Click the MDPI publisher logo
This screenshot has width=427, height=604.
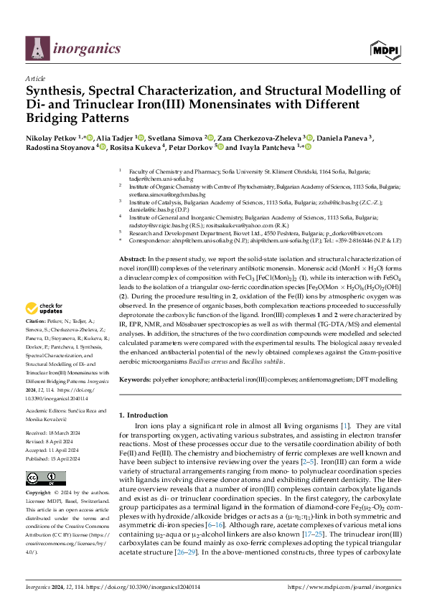tap(385, 49)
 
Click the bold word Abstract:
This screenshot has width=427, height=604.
tap(133, 237)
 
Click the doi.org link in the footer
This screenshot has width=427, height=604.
tap(141, 586)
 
